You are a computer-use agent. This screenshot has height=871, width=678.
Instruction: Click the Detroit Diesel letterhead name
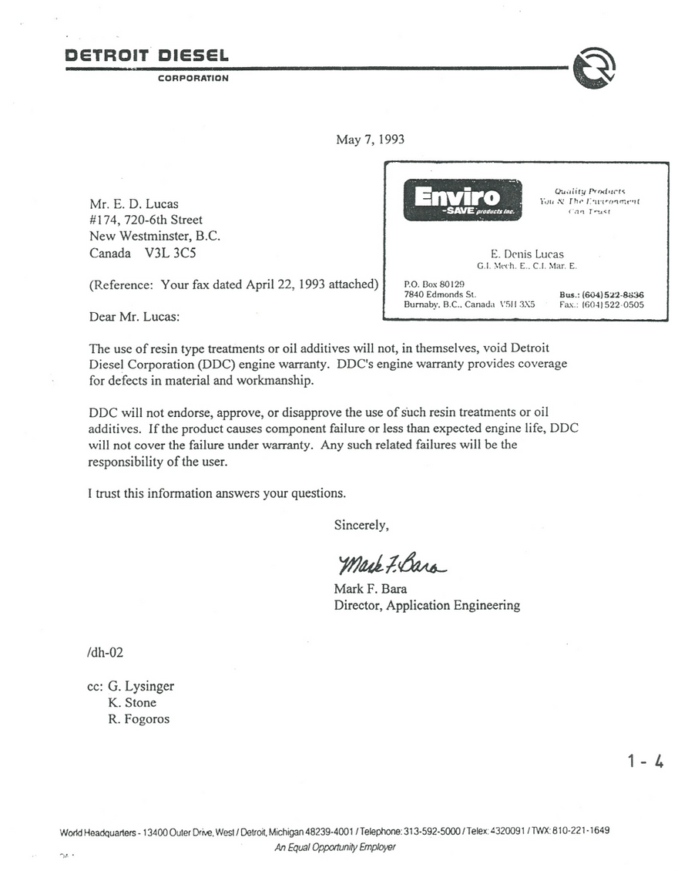pyautogui.click(x=147, y=55)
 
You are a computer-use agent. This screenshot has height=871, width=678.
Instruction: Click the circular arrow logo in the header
pyautogui.click(x=594, y=67)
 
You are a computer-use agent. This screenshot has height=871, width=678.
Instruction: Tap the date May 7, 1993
pyautogui.click(x=370, y=140)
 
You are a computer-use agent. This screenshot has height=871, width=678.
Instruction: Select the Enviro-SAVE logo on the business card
pyautogui.click(x=462, y=200)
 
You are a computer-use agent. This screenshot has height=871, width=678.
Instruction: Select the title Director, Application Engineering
pyautogui.click(x=426, y=605)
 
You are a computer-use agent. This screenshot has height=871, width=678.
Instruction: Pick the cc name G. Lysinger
pyautogui.click(x=141, y=686)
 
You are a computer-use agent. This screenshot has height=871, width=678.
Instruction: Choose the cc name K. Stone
pyautogui.click(x=133, y=702)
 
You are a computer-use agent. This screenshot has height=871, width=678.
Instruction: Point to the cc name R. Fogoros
pyautogui.click(x=139, y=719)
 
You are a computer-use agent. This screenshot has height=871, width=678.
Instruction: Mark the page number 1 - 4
pyautogui.click(x=646, y=762)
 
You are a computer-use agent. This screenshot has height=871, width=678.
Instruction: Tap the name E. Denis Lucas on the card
pyautogui.click(x=528, y=254)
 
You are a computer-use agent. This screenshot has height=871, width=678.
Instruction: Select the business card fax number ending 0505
pyautogui.click(x=602, y=304)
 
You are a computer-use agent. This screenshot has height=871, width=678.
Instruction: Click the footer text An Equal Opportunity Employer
pyautogui.click(x=335, y=847)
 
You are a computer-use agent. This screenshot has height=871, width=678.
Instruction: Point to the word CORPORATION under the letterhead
pyautogui.click(x=193, y=78)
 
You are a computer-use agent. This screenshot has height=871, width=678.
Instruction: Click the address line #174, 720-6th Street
pyautogui.click(x=146, y=220)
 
